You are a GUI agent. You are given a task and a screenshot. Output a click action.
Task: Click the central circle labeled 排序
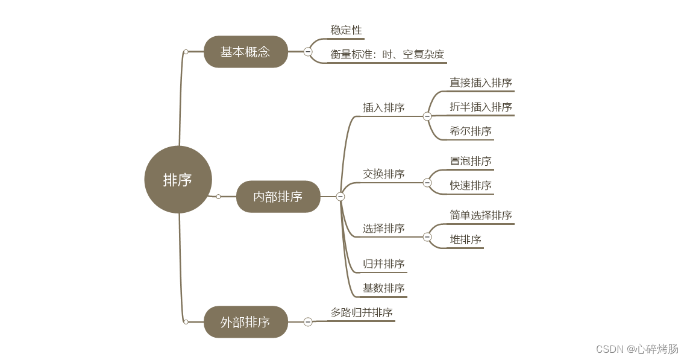pyautogui.click(x=178, y=180)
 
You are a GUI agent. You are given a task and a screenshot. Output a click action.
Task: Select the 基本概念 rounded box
pyautogui.click(x=245, y=52)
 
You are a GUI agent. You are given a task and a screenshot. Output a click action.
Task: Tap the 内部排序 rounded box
pyautogui.click(x=278, y=197)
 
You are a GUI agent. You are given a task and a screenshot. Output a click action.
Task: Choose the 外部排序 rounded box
pyautogui.click(x=245, y=322)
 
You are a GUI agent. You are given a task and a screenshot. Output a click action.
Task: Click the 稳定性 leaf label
pyautogui.click(x=347, y=30)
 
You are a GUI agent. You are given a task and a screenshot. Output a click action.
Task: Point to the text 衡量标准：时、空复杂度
pyautogui.click(x=387, y=54)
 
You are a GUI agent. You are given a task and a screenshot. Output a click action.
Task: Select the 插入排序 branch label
pyautogui.click(x=384, y=108)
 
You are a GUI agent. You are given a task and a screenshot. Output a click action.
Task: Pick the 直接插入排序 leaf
pyautogui.click(x=481, y=83)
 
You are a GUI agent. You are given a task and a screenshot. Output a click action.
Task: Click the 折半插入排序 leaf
pyautogui.click(x=481, y=107)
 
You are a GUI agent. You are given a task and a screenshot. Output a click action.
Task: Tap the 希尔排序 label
pyautogui.click(x=471, y=131)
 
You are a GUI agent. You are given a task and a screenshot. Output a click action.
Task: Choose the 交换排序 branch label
pyautogui.click(x=384, y=174)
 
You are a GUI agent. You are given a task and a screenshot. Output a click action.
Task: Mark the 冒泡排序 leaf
pyautogui.click(x=471, y=161)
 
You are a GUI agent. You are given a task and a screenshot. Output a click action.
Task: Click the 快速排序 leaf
pyautogui.click(x=471, y=185)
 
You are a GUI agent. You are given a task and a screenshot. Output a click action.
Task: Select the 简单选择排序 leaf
pyautogui.click(x=481, y=215)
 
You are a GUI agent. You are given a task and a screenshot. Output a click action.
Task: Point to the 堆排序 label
pyautogui.click(x=466, y=239)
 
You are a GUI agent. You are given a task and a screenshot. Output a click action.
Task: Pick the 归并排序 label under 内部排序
pyautogui.click(x=384, y=264)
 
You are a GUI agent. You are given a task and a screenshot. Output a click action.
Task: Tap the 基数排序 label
pyautogui.click(x=384, y=288)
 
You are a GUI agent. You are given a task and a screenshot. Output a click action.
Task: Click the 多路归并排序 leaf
pyautogui.click(x=362, y=312)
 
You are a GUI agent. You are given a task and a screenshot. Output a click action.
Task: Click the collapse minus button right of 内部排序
pyautogui.click(x=340, y=197)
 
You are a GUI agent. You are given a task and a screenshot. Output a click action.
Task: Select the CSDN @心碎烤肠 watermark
pyautogui.click(x=637, y=349)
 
